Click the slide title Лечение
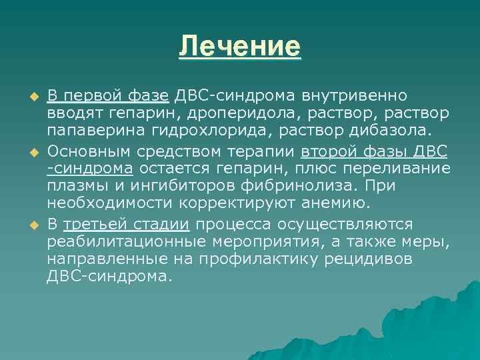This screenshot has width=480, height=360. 240,47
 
